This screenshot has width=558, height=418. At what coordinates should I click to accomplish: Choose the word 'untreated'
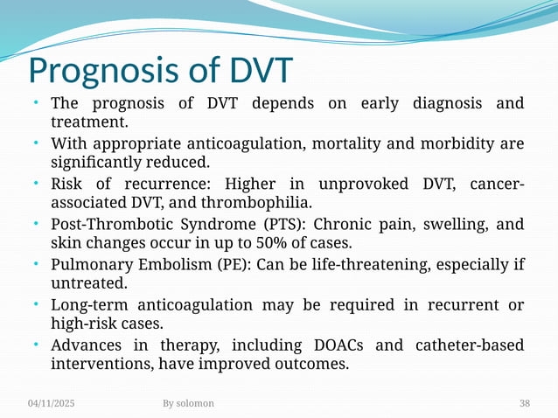88,284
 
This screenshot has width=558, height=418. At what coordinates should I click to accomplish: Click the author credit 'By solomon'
188,403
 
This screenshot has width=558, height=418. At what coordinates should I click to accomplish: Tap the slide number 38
524,403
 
